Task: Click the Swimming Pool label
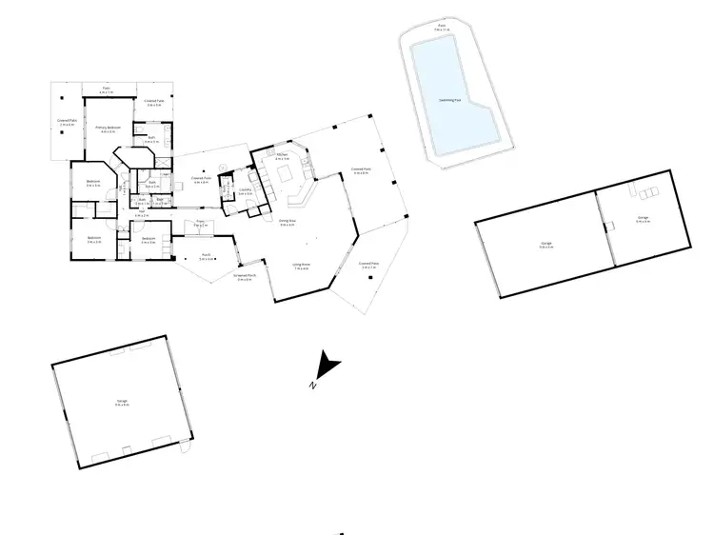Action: [452, 99]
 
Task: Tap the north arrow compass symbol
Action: [328, 366]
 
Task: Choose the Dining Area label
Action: [287, 223]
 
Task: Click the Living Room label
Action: [301, 267]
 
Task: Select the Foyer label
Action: [201, 223]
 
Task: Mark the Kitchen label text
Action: [282, 155]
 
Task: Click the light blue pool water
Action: [450, 86]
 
